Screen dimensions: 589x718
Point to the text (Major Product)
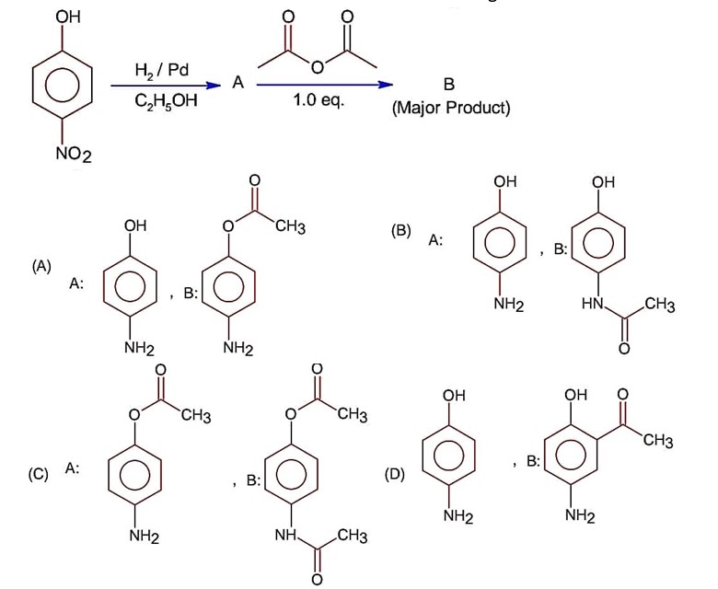coord(450,108)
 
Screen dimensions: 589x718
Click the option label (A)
coord(41,266)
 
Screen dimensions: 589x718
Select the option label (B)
coord(400,229)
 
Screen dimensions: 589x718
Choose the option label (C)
coord(38,475)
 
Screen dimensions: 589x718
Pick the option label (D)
coord(395,475)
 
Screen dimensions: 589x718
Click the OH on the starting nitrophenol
coord(66,17)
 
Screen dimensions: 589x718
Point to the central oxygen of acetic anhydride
coord(317,66)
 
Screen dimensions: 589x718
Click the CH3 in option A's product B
coord(289,225)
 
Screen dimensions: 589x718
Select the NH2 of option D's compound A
coord(457,516)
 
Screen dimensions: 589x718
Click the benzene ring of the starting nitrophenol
coord(66,86)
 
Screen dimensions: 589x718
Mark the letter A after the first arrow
coord(237,83)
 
